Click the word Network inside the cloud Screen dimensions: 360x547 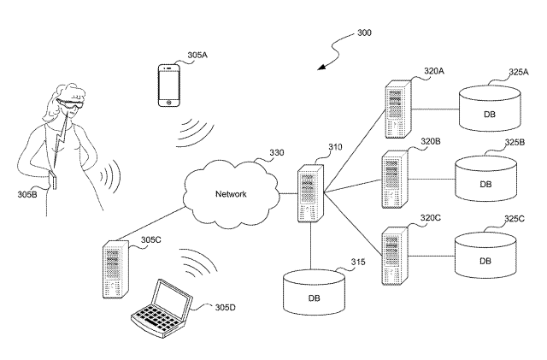click(231, 194)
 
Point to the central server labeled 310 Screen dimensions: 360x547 click(310, 194)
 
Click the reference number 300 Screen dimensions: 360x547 click(364, 32)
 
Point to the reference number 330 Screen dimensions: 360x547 click(277, 154)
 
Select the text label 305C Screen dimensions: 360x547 click(150, 239)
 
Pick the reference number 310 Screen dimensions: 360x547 click(334, 147)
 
